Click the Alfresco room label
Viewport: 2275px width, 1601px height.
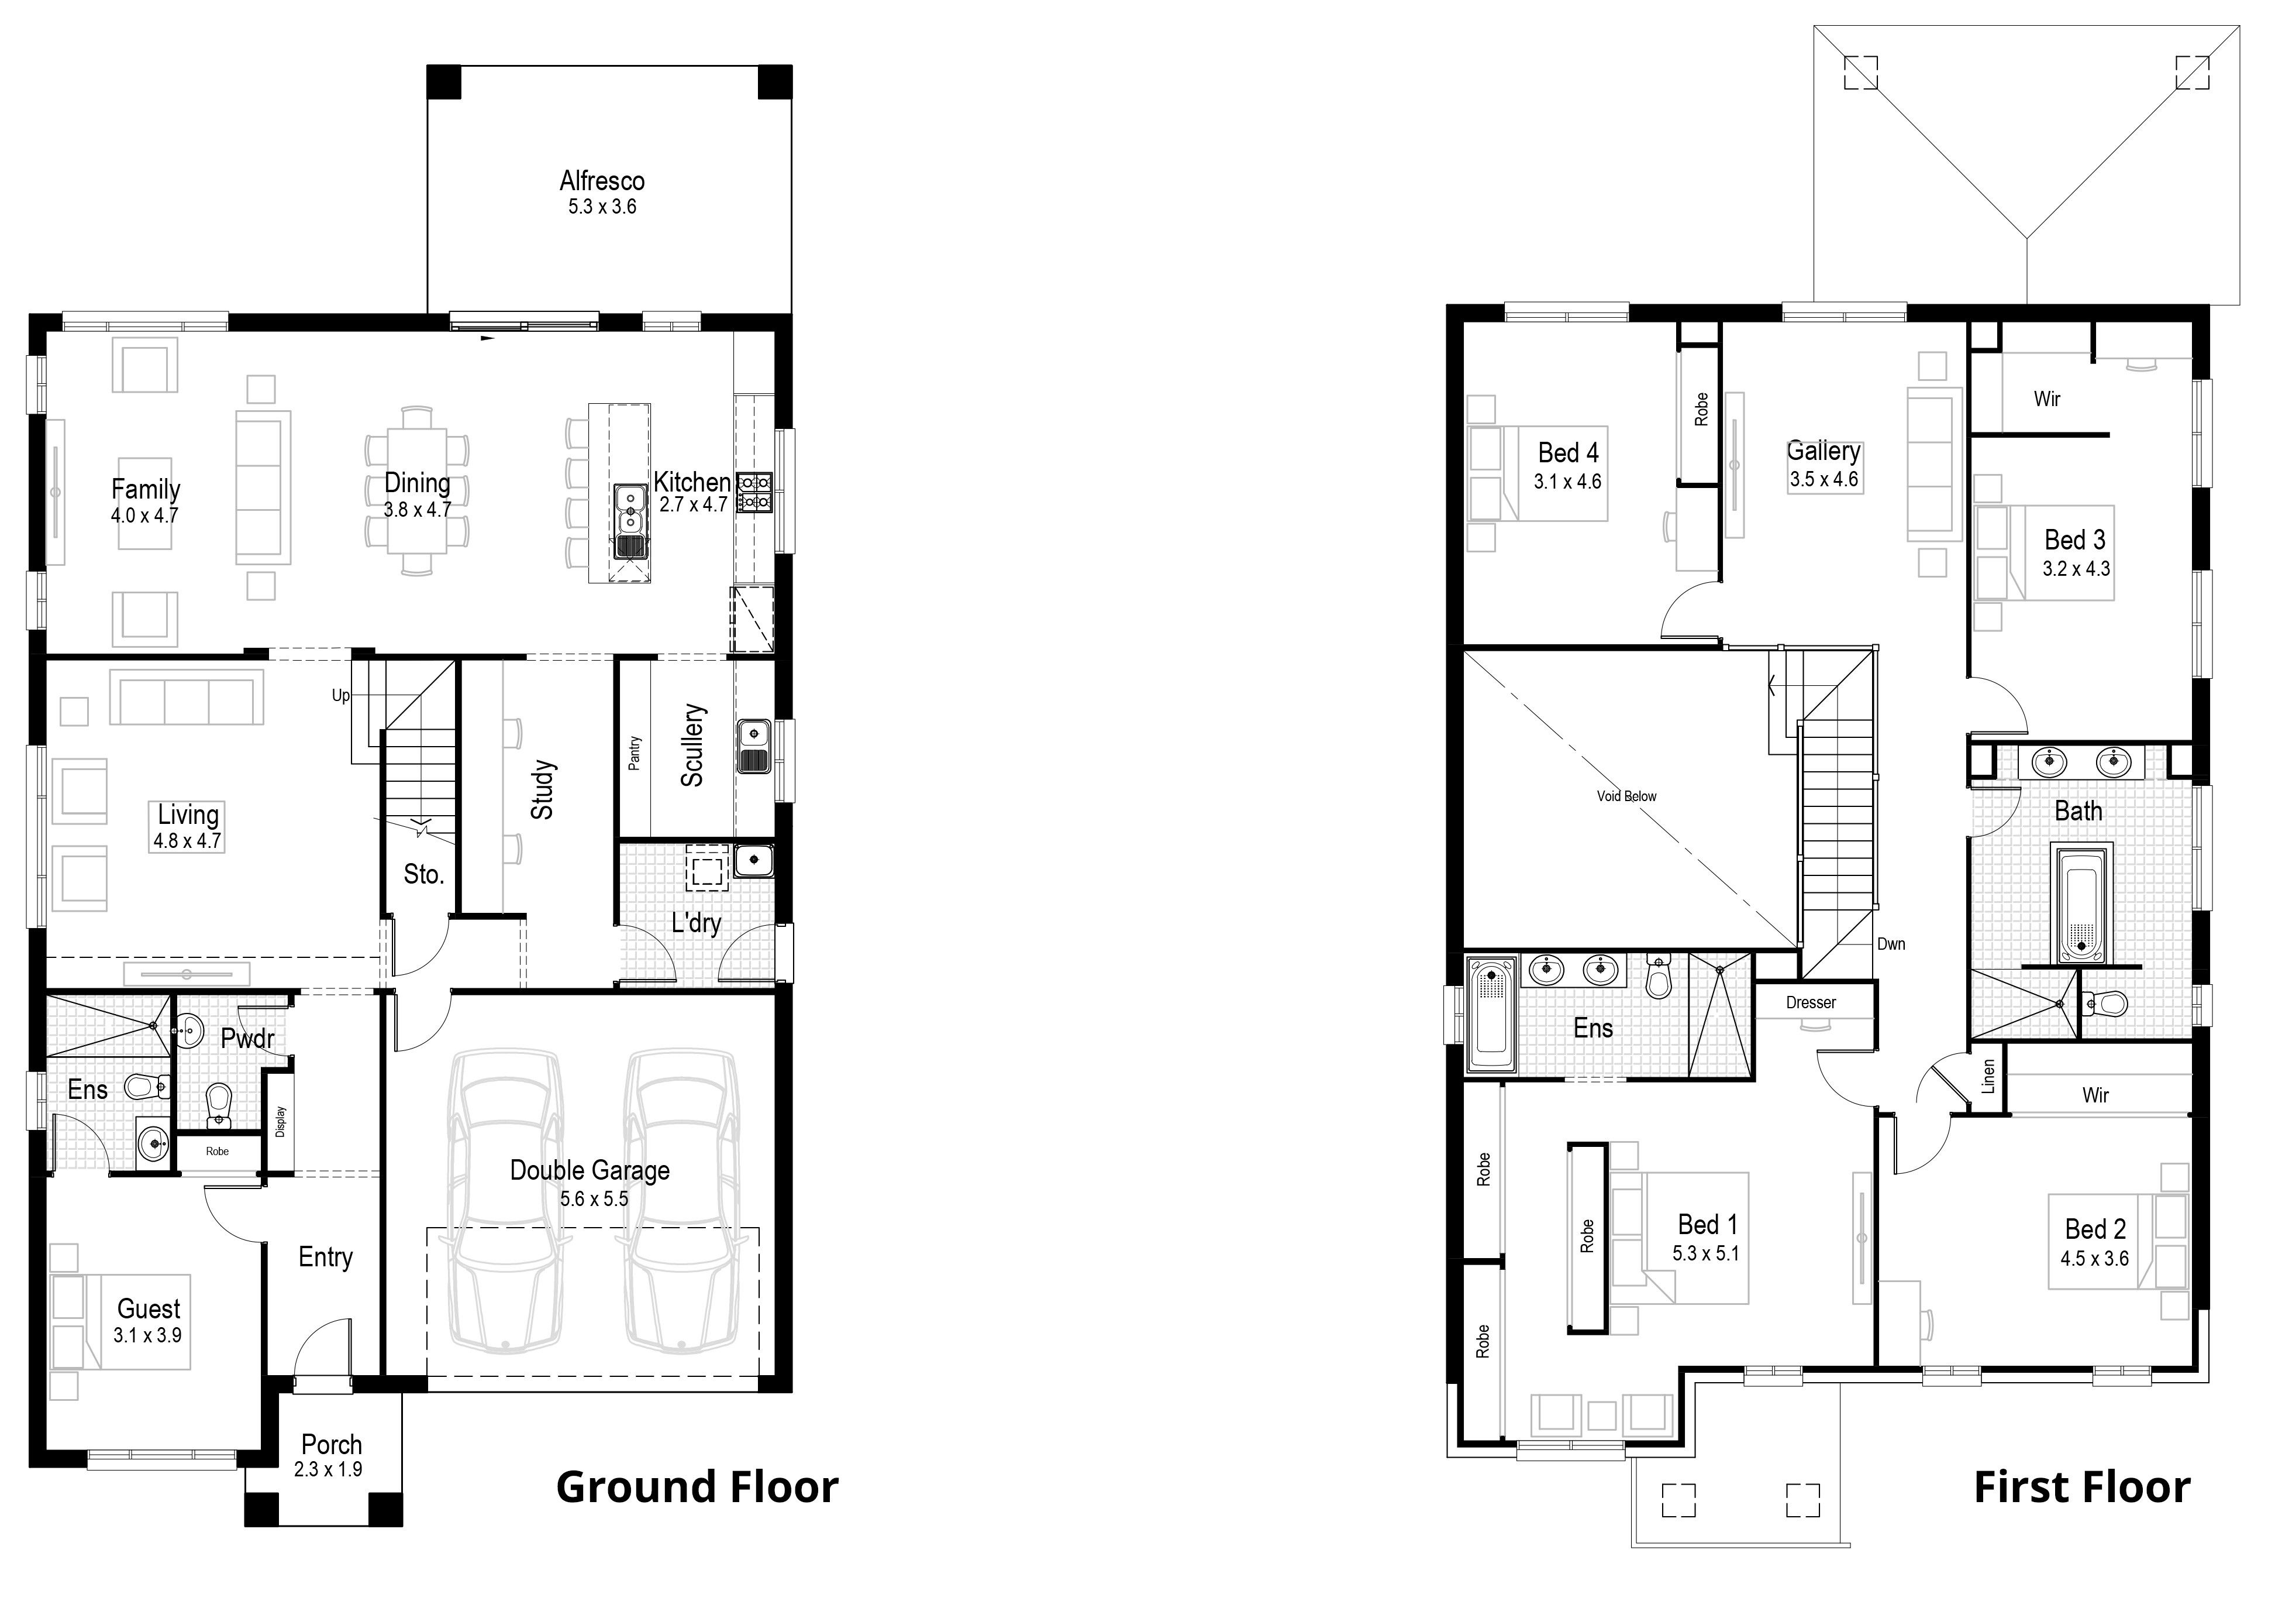tap(601, 181)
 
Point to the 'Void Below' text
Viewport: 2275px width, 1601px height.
tap(1626, 796)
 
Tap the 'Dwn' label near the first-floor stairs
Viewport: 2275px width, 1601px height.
tap(1891, 944)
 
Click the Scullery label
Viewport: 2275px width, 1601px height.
tap(692, 745)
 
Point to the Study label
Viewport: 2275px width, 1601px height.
tap(542, 790)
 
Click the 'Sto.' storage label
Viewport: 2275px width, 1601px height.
tap(423, 874)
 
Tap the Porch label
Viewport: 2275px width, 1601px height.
tap(332, 1444)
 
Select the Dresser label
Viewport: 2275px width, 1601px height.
tap(1811, 1002)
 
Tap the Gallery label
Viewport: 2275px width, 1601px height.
tap(1823, 451)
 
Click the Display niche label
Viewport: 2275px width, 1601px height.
tap(280, 1121)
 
